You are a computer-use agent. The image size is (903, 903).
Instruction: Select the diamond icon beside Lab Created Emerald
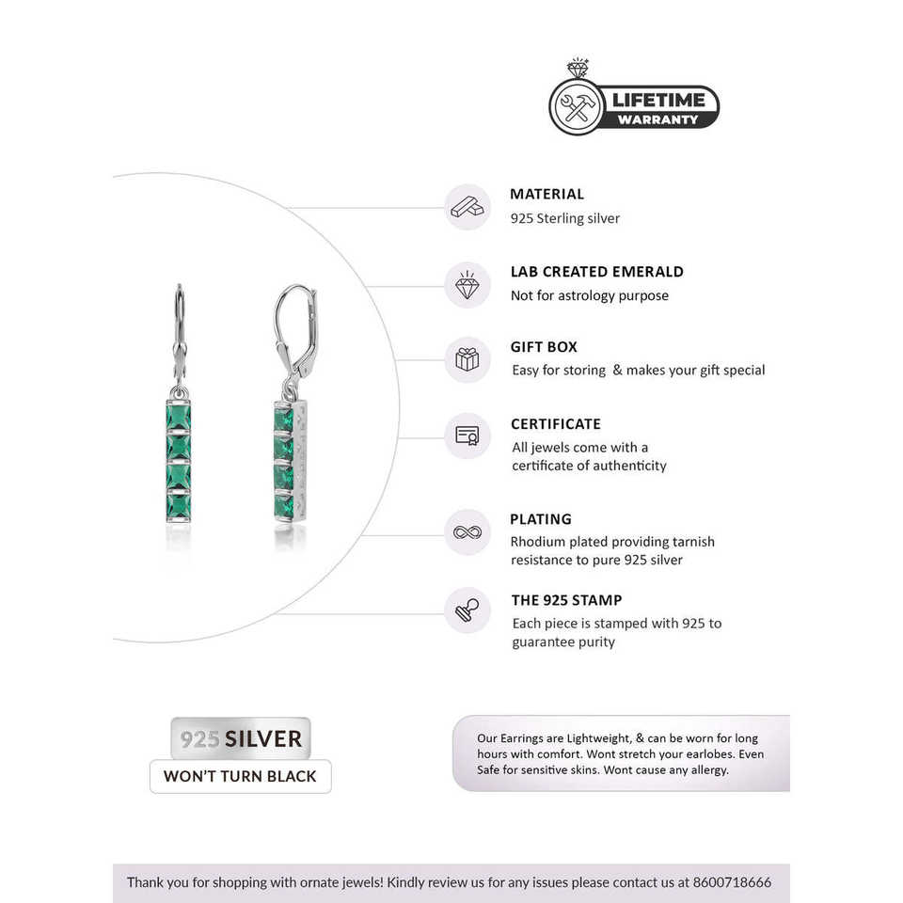pyautogui.click(x=467, y=285)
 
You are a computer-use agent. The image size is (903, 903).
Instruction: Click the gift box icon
pyautogui.click(x=467, y=359)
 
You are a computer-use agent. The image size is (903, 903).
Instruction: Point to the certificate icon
pyautogui.click(x=467, y=436)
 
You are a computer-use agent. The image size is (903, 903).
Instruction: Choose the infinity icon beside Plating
pyautogui.click(x=467, y=532)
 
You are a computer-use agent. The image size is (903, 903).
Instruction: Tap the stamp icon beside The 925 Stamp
pyautogui.click(x=467, y=610)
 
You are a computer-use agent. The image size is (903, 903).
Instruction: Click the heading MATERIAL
pyautogui.click(x=547, y=195)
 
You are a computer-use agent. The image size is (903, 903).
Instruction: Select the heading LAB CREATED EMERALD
pyautogui.click(x=596, y=272)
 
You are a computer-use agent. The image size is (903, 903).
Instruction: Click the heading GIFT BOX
pyautogui.click(x=544, y=347)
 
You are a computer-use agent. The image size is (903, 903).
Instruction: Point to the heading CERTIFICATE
pyautogui.click(x=555, y=424)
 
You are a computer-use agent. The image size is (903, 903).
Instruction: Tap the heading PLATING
pyautogui.click(x=540, y=519)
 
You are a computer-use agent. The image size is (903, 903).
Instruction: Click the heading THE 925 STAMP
pyautogui.click(x=566, y=600)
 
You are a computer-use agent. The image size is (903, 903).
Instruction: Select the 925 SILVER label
pyautogui.click(x=241, y=738)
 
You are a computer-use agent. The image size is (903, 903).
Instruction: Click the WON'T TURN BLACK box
pyautogui.click(x=241, y=777)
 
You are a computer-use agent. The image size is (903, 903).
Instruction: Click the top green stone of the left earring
pyautogui.click(x=179, y=418)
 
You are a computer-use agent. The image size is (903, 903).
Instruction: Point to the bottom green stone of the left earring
pyautogui.click(x=179, y=505)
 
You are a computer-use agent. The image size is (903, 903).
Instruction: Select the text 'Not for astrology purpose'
pyautogui.click(x=589, y=295)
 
